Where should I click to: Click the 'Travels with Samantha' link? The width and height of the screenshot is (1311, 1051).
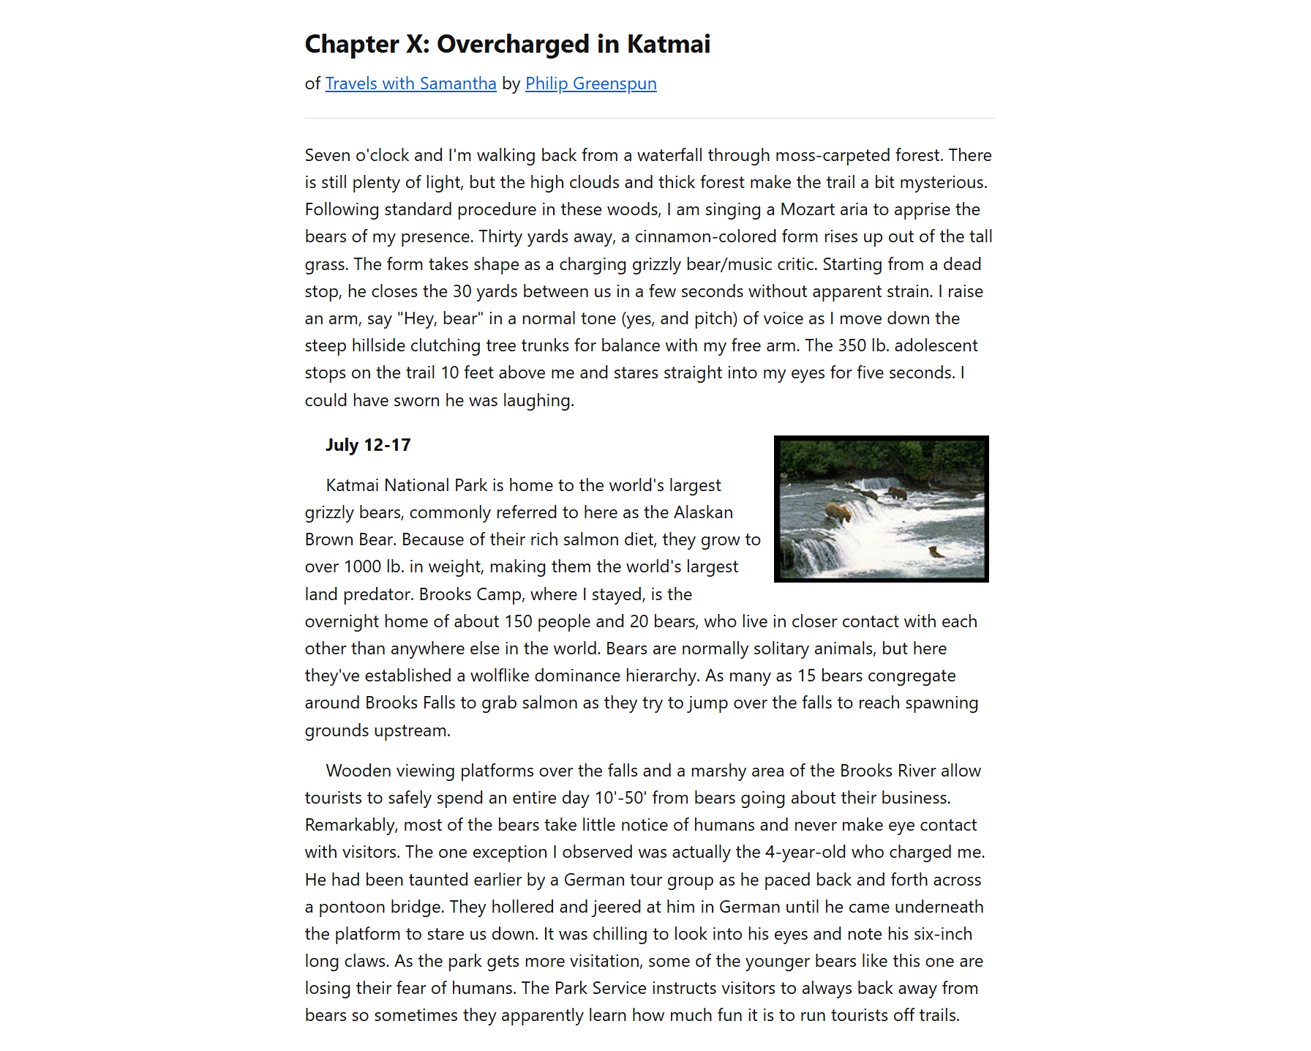tap(410, 84)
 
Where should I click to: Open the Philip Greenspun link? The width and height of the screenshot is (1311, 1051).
tap(590, 84)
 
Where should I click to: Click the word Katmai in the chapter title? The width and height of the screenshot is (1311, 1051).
tap(668, 45)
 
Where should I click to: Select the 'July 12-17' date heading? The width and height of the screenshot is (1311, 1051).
tap(368, 446)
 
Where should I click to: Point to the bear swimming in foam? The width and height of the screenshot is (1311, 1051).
tap(935, 551)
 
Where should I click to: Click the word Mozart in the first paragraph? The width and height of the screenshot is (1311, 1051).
tap(807, 210)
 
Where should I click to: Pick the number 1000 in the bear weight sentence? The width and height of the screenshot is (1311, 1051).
tap(362, 567)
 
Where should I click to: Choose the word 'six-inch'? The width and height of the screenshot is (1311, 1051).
tap(943, 935)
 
